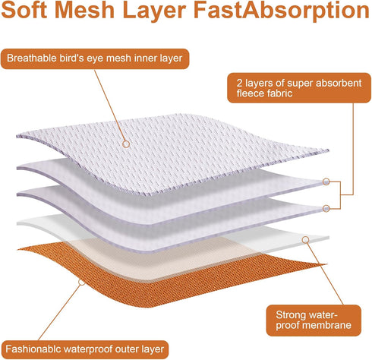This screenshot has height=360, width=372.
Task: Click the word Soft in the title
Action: click(x=24, y=10)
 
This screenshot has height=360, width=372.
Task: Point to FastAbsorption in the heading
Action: click(x=282, y=11)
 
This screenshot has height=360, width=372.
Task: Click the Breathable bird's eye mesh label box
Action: click(x=95, y=58)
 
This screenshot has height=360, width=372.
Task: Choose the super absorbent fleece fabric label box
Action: click(x=299, y=88)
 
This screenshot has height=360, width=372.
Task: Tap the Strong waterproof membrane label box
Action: click(x=314, y=321)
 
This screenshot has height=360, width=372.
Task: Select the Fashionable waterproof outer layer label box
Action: click(x=84, y=349)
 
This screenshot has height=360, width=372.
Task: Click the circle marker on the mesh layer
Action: click(x=126, y=144)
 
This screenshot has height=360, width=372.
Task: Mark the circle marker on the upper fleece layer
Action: click(x=326, y=182)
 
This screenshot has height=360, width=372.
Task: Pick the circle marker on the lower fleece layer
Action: click(x=326, y=209)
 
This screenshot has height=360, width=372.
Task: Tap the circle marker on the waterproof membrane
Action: click(x=306, y=239)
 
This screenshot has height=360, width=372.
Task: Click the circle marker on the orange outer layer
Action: click(x=81, y=282)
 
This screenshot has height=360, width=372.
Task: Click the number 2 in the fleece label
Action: click(x=239, y=83)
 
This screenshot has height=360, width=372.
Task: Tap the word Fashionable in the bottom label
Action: click(x=33, y=349)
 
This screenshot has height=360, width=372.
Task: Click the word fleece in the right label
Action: click(x=249, y=93)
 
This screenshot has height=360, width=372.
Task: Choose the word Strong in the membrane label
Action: click(x=290, y=315)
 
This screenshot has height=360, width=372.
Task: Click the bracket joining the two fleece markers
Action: click(x=340, y=195)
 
